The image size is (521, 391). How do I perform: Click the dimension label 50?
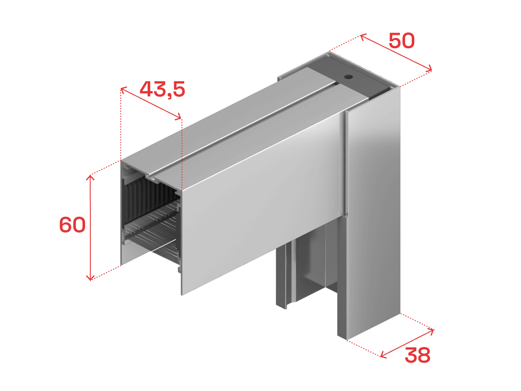[402, 41]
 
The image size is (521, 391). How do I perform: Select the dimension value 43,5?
[162, 90]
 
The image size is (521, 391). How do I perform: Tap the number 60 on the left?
[72, 225]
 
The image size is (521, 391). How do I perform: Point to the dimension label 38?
[417, 355]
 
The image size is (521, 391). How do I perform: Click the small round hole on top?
[349, 77]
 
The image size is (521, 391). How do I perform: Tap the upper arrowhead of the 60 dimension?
[90, 177]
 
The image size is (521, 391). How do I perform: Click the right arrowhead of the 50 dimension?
[429, 69]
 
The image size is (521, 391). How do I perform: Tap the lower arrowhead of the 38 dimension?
[383, 355]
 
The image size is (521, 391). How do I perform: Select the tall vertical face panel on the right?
[373, 211]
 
